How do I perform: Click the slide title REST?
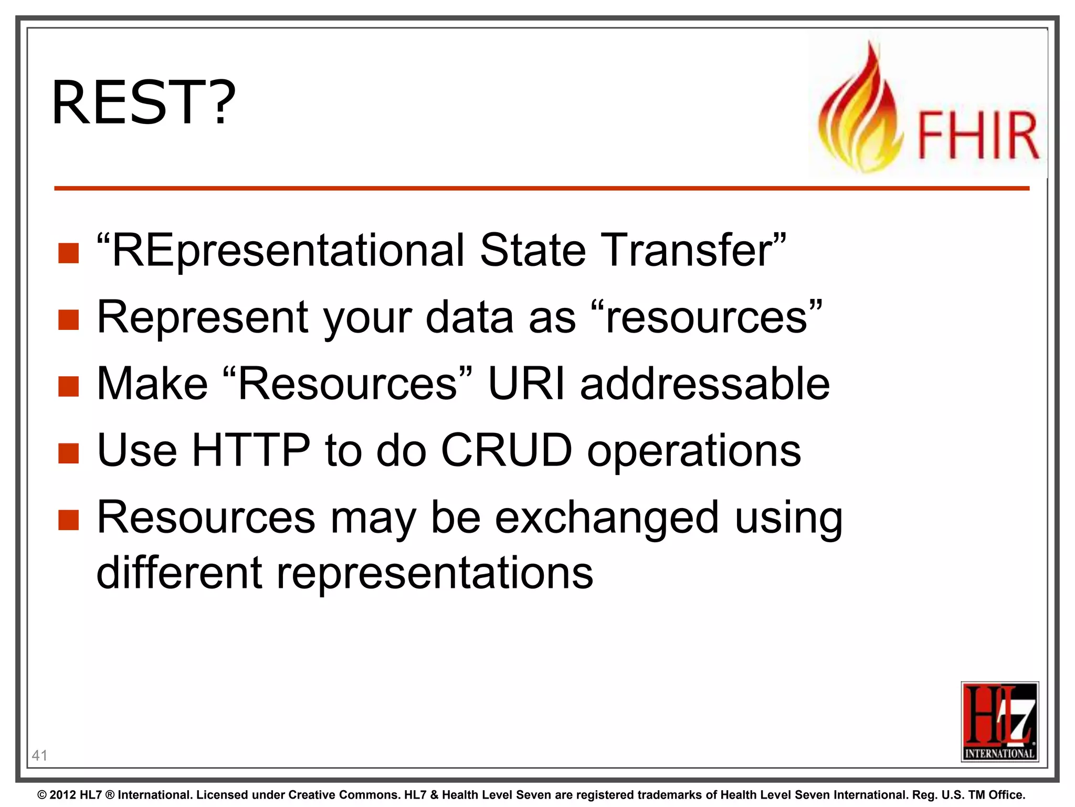pos(143,102)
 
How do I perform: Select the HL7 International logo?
pos(999,721)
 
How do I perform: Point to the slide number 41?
pos(39,756)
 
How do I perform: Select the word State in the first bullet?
pos(532,251)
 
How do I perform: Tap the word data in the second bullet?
pos(469,318)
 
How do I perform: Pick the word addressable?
pos(704,384)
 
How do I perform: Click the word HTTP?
pos(251,451)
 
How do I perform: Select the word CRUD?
pos(506,451)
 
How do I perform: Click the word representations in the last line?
pos(435,573)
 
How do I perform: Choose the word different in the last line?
pos(179,573)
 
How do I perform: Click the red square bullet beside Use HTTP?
pos(69,453)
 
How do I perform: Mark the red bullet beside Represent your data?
pos(69,319)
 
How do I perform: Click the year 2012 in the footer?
pos(63,795)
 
